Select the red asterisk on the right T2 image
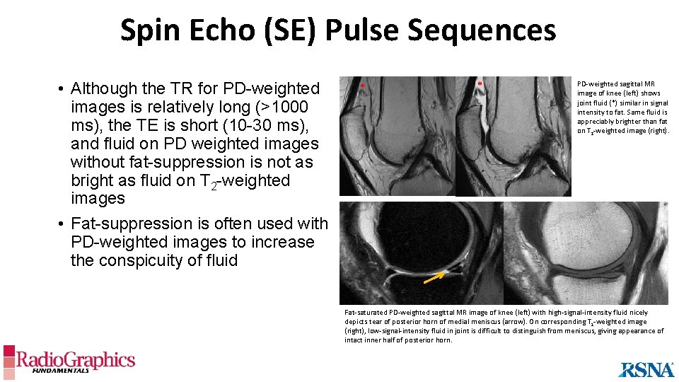[480, 85]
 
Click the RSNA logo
[646, 369]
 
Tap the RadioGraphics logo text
[76, 360]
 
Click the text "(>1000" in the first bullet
[282, 107]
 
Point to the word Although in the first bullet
[104, 88]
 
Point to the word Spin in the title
[144, 30]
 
